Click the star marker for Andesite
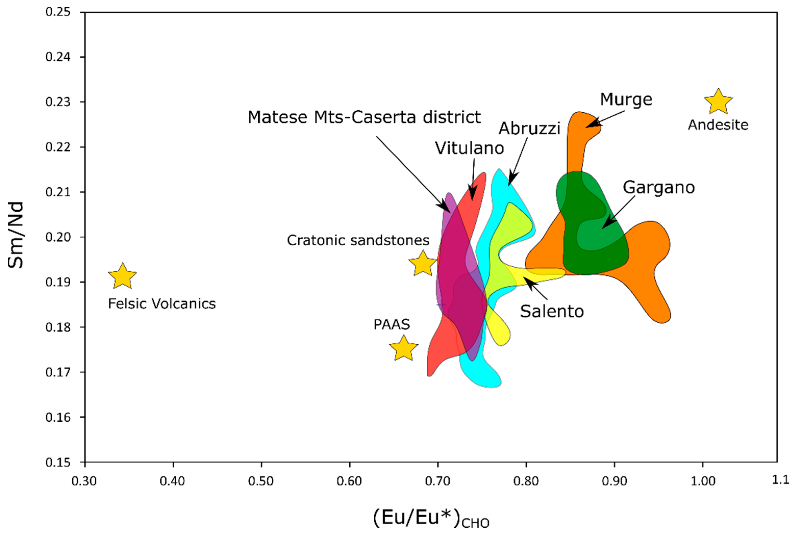click(x=718, y=101)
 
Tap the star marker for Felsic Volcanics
click(x=122, y=276)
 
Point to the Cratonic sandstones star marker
click(x=423, y=263)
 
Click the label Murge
click(x=626, y=99)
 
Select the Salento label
click(x=552, y=311)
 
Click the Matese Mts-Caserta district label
click(x=364, y=117)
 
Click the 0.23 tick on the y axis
click(x=58, y=102)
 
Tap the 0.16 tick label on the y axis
click(x=58, y=417)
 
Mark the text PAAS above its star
click(x=391, y=324)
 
